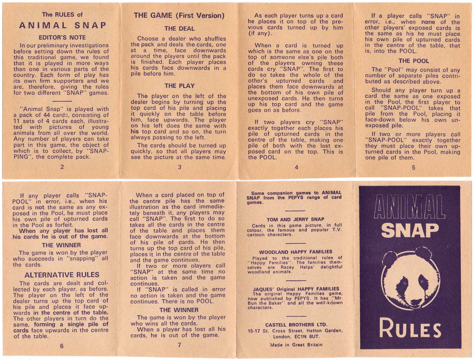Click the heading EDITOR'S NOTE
pos(62,38)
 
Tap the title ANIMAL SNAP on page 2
pos(62,25)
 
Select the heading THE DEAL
pos(180,29)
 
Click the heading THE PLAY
pos(180,86)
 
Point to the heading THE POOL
pos(414,61)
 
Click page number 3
pos(180,167)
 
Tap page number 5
pos(414,168)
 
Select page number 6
pos(62,346)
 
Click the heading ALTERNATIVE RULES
pos(62,275)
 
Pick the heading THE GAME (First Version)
pos(179,16)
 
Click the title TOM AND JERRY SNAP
pos(295,220)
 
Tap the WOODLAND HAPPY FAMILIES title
pos(295,252)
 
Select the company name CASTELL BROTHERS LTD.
pos(296,325)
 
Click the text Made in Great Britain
pos(296,345)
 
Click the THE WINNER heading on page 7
pos(179,310)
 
